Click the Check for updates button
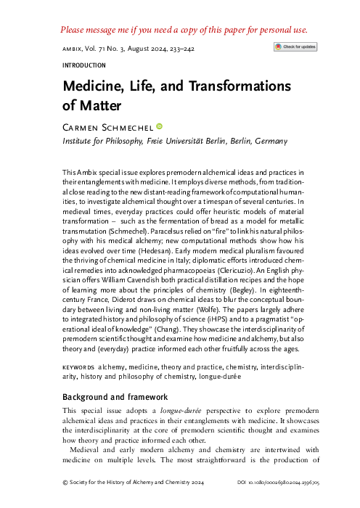[x=295, y=46]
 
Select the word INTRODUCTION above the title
[x=75, y=64]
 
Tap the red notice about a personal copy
[x=180, y=30]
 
